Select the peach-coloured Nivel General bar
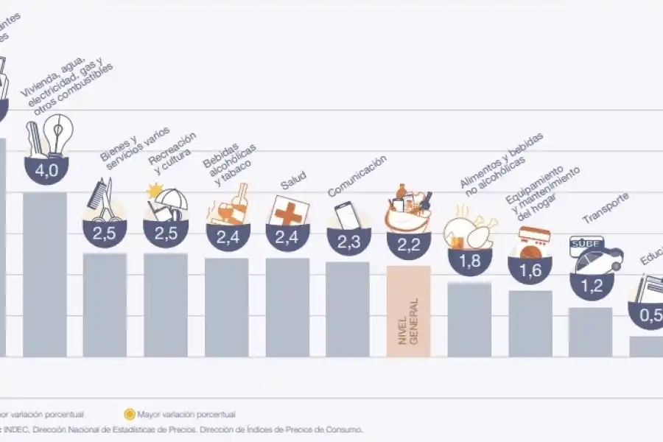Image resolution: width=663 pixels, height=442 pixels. click(408, 311)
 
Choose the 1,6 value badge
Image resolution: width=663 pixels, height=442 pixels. click(530, 270)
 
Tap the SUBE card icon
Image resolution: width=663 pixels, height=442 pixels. click(586, 244)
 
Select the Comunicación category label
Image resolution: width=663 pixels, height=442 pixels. click(357, 176)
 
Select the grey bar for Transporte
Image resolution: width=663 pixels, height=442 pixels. click(590, 332)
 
